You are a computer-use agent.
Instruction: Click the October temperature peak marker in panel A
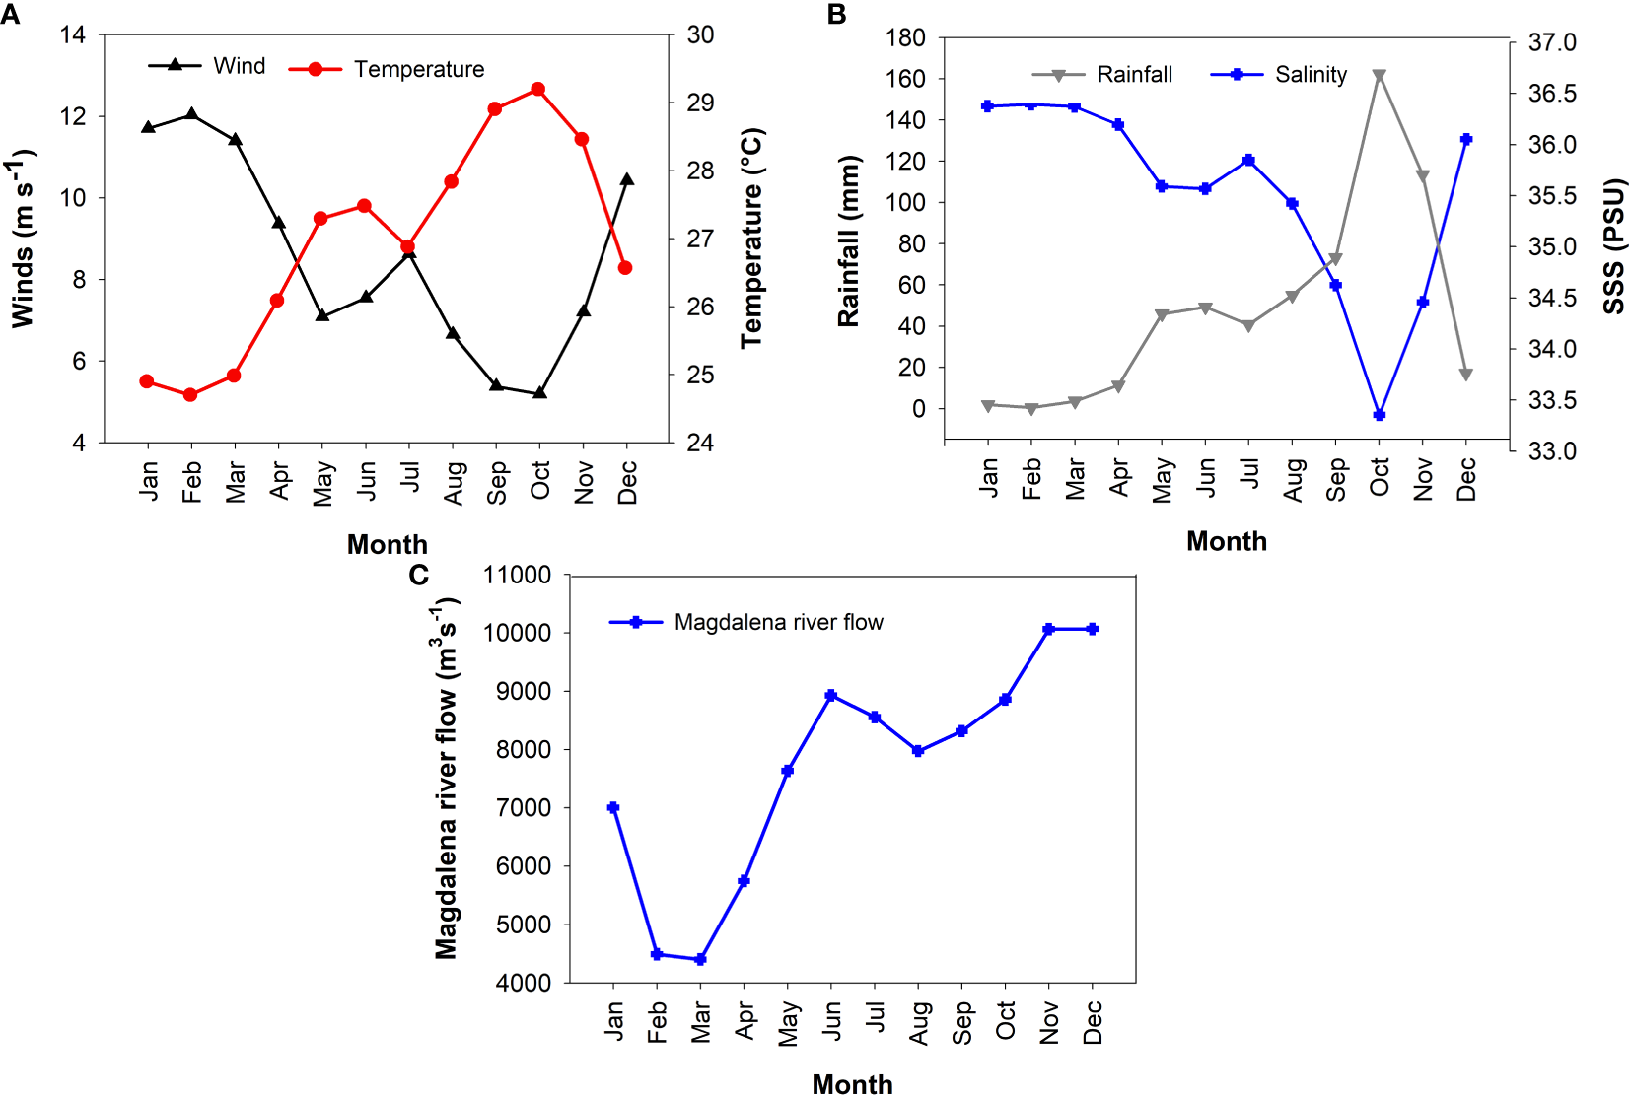pos(537,90)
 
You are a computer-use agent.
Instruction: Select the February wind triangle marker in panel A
pos(191,115)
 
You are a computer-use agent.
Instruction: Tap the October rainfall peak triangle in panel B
pos(1379,76)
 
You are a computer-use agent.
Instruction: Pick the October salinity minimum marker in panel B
pos(1379,415)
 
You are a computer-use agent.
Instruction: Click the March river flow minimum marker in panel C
pos(700,959)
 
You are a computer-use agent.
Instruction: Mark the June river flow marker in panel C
pos(831,696)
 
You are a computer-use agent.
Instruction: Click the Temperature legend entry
pos(418,70)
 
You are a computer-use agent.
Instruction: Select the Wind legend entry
pos(239,66)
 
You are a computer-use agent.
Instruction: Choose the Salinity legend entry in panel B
pos(1310,75)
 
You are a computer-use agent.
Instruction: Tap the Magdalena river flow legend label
pos(778,622)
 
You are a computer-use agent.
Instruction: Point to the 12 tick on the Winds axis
pos(73,116)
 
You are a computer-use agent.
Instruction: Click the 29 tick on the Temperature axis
pos(700,103)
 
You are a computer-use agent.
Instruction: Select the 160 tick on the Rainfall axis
pos(904,79)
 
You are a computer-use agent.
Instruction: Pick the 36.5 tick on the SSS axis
pos(1552,94)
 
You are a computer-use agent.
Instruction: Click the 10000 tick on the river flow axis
pos(517,633)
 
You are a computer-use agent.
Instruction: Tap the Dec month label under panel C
pos(1093,1022)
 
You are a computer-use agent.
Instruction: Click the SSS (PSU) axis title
pos(1613,246)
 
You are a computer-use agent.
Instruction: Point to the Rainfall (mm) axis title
pos(849,240)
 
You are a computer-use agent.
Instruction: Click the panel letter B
pos(836,15)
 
